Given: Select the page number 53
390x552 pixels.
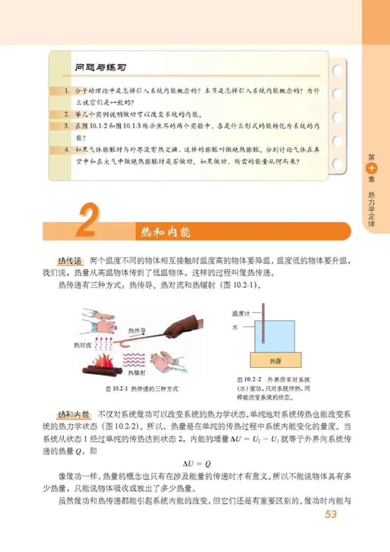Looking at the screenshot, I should coord(331,515).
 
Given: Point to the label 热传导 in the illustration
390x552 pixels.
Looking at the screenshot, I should coord(137,330).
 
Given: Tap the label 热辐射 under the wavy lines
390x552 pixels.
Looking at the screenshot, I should coord(136,373).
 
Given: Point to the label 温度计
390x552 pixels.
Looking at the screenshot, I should coord(241,314).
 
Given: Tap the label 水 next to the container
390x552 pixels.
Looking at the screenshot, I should coord(234,328).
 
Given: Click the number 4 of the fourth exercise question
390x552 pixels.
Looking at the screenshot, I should coord(67,149).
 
